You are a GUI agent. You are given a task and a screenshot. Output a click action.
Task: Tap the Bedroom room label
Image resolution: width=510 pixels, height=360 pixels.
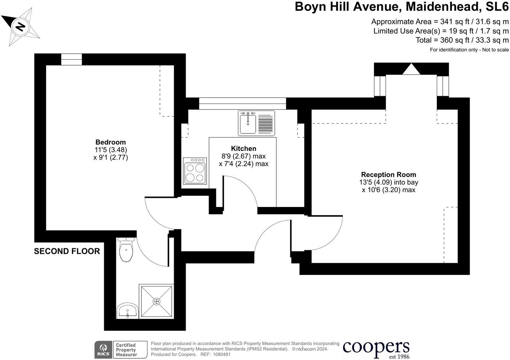coord(110,142)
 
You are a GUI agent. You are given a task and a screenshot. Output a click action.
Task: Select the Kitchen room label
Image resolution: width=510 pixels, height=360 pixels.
coord(244,148)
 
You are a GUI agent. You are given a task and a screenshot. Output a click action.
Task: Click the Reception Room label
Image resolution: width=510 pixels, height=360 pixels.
coord(388,175)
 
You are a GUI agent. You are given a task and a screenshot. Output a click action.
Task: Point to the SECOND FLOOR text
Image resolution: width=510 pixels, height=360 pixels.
coord(67,251)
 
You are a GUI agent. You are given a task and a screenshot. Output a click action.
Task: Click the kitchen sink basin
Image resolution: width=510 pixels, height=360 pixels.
coord(248,123)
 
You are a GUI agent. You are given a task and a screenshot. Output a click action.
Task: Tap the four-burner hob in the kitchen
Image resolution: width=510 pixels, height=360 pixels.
coord(195,171)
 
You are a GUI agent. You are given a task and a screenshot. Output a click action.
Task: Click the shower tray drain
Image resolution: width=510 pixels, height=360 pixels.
coord(156,301)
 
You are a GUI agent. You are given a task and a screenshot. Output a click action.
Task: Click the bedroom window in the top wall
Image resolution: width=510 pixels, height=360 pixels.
coord(71,60)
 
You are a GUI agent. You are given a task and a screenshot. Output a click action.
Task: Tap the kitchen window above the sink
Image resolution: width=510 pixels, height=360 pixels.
coord(242,104)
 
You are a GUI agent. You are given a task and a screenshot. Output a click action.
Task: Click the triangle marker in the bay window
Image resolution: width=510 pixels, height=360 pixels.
coord(411,69)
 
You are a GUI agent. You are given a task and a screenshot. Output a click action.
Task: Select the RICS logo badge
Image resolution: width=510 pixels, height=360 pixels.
coord(103,350)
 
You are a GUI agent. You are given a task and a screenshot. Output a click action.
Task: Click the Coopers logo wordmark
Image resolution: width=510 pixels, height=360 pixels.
coord(376,347)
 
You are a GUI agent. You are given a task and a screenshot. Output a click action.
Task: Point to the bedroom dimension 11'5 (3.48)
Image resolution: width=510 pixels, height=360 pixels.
coord(110,150)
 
